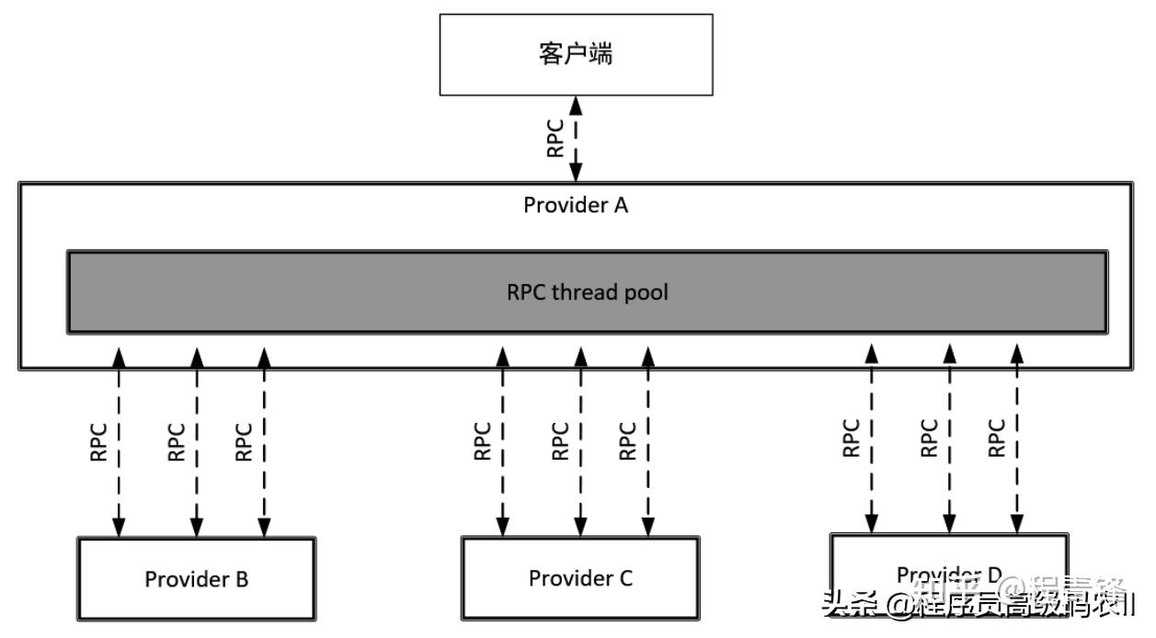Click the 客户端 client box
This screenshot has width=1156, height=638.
576,54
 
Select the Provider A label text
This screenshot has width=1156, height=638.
576,205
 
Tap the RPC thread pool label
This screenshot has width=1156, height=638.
587,292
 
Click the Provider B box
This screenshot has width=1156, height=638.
196,579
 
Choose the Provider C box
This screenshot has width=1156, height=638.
579,578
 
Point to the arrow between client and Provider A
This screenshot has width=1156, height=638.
577,138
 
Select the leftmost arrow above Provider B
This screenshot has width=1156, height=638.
119,441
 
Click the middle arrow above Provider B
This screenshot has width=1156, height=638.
196,441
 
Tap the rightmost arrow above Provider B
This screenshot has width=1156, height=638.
264,441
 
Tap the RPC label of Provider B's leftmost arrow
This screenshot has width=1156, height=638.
99,441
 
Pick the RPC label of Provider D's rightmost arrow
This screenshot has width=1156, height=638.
996,439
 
